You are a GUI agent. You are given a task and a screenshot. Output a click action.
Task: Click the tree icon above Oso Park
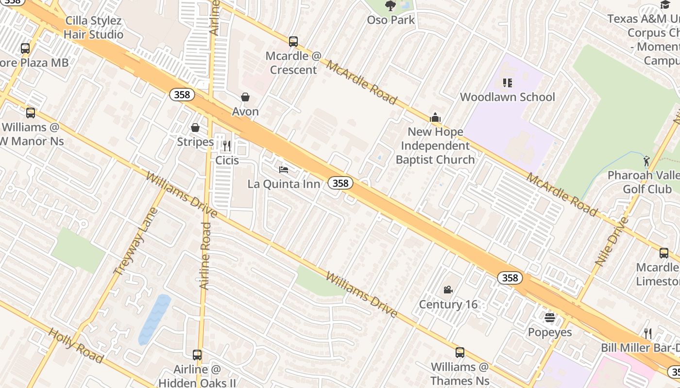click(390, 6)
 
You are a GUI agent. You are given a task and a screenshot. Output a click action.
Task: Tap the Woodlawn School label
click(507, 97)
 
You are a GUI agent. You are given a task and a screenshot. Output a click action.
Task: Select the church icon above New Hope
click(435, 117)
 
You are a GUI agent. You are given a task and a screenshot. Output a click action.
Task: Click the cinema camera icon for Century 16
click(448, 290)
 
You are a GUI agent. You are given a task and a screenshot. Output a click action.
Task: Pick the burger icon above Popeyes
click(550, 318)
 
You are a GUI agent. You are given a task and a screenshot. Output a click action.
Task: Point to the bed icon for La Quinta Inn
click(284, 169)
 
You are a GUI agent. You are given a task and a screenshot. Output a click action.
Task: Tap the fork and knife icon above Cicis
click(226, 145)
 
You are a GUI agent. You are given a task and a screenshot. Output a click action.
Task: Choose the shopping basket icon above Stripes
click(195, 128)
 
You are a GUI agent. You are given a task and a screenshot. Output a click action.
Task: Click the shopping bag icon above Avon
click(245, 97)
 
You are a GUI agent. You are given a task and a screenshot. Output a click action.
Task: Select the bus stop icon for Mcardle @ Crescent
click(293, 42)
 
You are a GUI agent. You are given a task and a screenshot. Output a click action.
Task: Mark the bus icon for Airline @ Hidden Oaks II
click(197, 355)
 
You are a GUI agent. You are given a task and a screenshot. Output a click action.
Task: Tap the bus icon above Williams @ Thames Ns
click(459, 353)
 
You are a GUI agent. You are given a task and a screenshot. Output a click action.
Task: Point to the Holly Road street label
click(76, 345)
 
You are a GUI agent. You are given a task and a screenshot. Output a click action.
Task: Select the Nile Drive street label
click(612, 242)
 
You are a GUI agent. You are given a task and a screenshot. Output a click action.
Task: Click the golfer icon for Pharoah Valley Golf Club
click(646, 161)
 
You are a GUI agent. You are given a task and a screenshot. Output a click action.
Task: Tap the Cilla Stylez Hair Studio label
click(93, 28)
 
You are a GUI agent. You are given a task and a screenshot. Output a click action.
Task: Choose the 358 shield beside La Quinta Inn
click(340, 183)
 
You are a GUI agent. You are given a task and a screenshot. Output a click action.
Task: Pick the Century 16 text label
click(448, 305)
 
